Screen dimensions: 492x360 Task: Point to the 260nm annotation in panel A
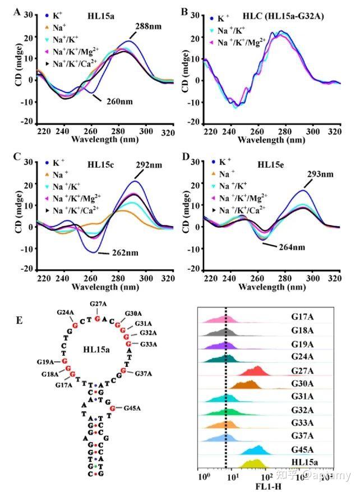pyautogui.click(x=116, y=100)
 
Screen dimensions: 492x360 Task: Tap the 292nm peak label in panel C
pyautogui.click(x=149, y=166)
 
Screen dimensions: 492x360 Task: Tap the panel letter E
pyautogui.click(x=20, y=320)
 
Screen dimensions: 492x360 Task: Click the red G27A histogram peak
pyautogui.click(x=257, y=370)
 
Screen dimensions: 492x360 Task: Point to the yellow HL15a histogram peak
pyautogui.click(x=253, y=464)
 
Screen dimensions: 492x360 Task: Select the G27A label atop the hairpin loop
pyautogui.click(x=98, y=305)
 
